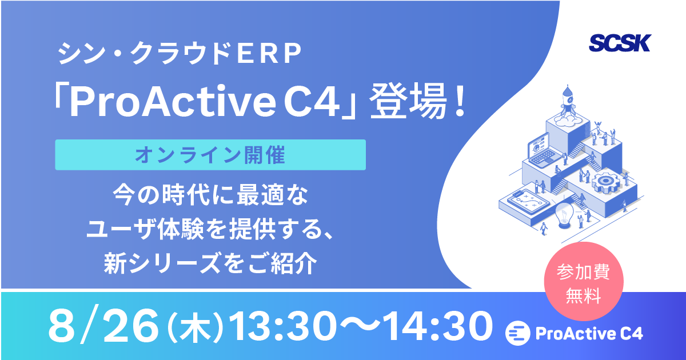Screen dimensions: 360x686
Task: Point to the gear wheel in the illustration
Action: [605, 183]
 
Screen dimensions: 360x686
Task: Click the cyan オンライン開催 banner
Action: [210, 155]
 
